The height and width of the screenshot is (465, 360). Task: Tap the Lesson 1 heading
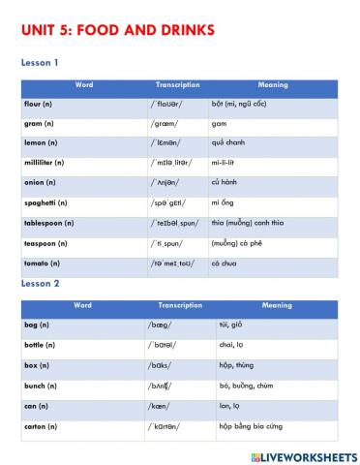[40, 63]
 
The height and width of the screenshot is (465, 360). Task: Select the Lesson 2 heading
[40, 284]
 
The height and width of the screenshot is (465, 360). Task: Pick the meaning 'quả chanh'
[225, 142]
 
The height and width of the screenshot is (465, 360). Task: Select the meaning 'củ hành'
[224, 183]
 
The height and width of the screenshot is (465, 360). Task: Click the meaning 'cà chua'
[223, 263]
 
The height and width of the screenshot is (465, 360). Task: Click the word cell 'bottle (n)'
[42, 344]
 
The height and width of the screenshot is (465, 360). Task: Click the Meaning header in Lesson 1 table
[273, 85]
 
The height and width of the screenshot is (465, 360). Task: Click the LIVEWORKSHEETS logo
[303, 455]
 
